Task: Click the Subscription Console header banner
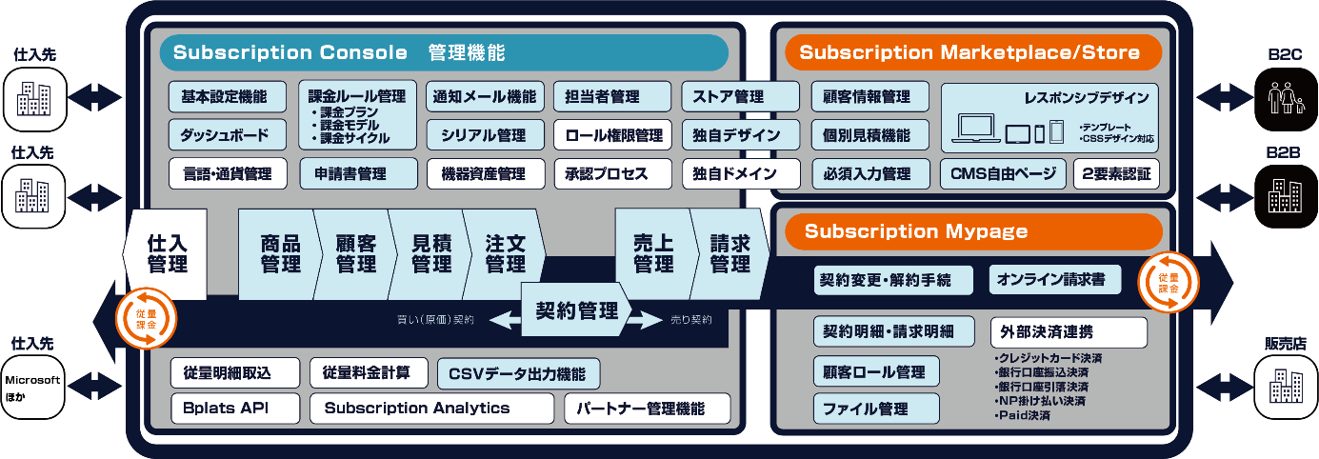[444, 52]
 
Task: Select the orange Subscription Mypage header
[972, 231]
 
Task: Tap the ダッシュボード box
[225, 135]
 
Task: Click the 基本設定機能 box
[225, 96]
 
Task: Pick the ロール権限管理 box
[613, 135]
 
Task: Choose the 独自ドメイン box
[741, 174]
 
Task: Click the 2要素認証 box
[1116, 174]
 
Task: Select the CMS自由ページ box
[1003, 174]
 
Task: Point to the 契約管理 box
[576, 310]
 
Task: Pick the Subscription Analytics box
[430, 409]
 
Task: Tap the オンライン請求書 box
[1055, 280]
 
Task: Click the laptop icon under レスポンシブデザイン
[976, 130]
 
